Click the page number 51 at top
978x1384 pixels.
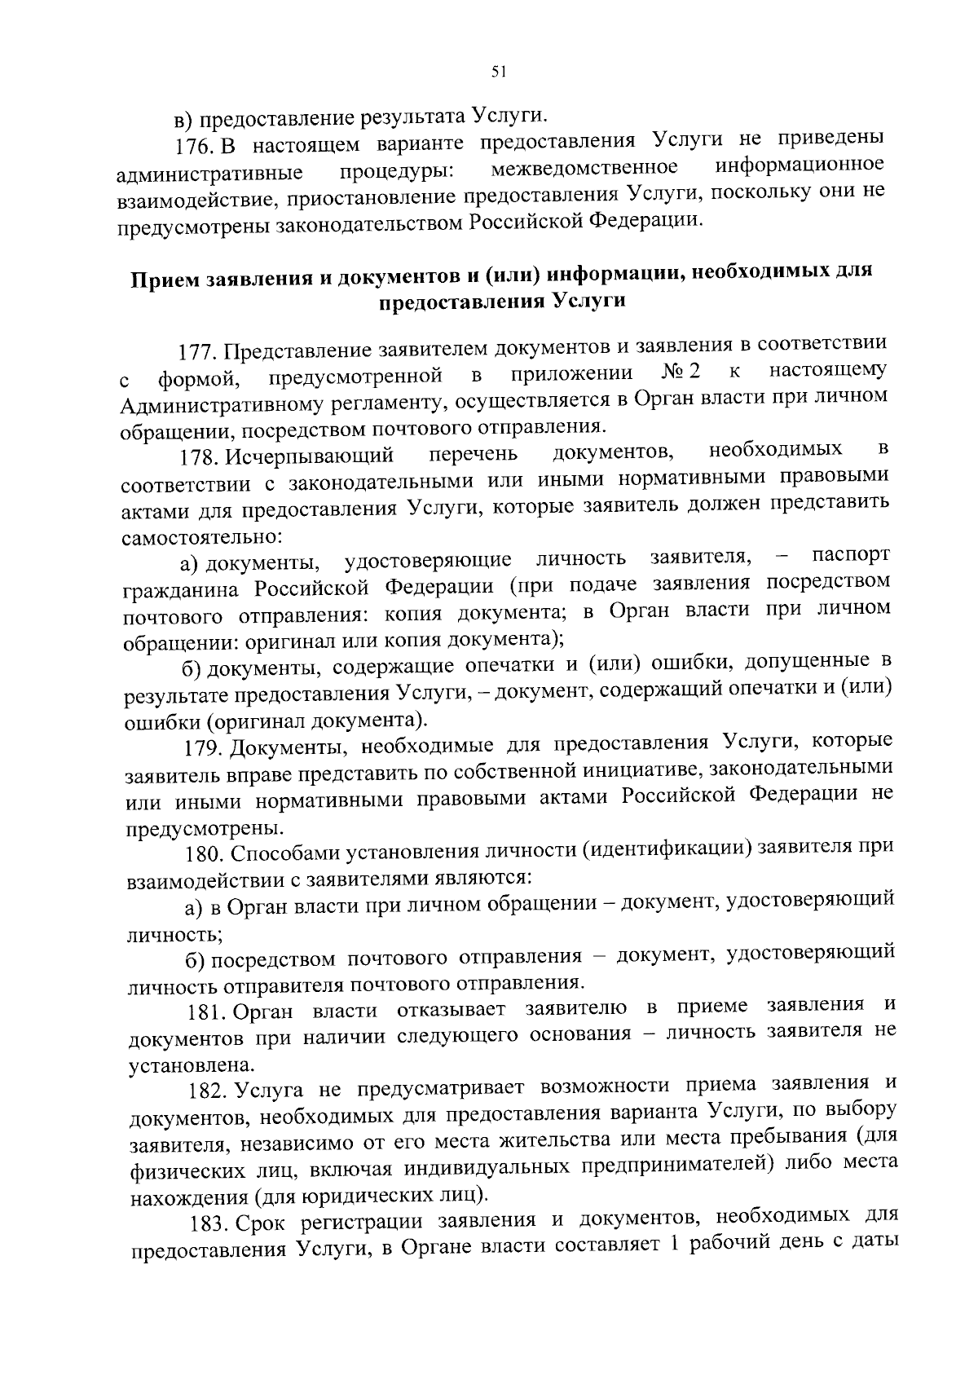[x=499, y=73]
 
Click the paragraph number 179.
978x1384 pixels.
[x=203, y=747]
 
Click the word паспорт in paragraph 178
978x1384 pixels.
[x=850, y=556]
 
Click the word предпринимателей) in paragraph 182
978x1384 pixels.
[x=676, y=1166]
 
